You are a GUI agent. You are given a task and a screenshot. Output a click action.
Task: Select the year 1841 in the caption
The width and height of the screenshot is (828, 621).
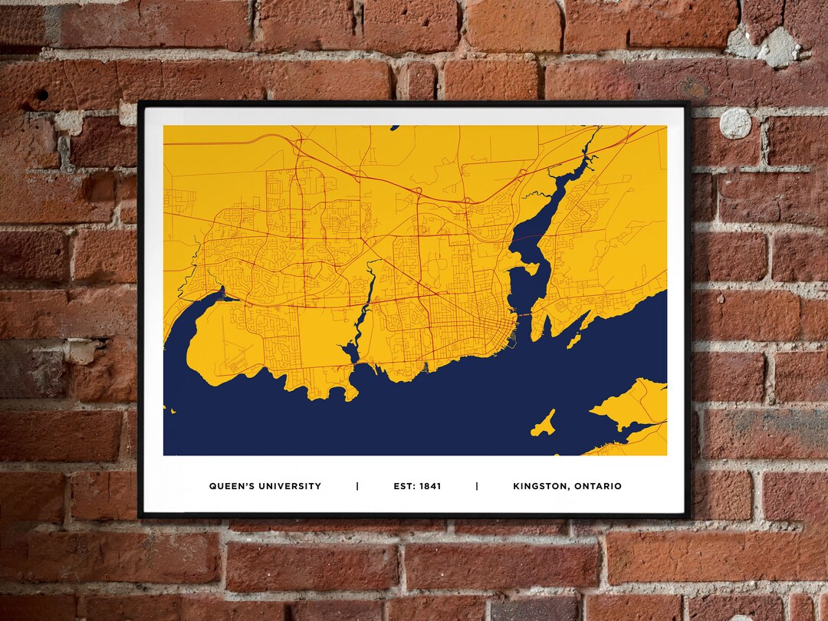tap(430, 486)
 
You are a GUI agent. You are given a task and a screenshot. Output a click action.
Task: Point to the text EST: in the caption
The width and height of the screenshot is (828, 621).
tap(405, 486)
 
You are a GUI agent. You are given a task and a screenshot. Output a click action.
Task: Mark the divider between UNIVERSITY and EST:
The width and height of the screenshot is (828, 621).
tap(357, 486)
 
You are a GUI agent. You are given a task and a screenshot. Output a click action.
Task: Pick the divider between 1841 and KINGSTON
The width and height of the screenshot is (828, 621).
tap(477, 486)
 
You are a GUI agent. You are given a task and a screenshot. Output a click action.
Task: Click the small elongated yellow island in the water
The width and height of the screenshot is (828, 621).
tap(544, 424)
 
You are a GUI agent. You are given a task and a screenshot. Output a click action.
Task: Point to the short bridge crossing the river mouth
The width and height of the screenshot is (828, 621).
tap(523, 315)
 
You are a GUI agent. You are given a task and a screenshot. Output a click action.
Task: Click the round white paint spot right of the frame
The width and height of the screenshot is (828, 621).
tap(735, 123)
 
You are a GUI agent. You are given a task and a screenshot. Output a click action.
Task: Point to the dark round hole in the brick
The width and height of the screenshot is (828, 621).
tap(41, 95)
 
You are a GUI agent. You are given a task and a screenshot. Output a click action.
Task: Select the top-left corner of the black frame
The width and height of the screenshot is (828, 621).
tap(140, 103)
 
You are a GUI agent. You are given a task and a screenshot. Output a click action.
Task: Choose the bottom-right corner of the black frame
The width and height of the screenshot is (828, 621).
tap(688, 514)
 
